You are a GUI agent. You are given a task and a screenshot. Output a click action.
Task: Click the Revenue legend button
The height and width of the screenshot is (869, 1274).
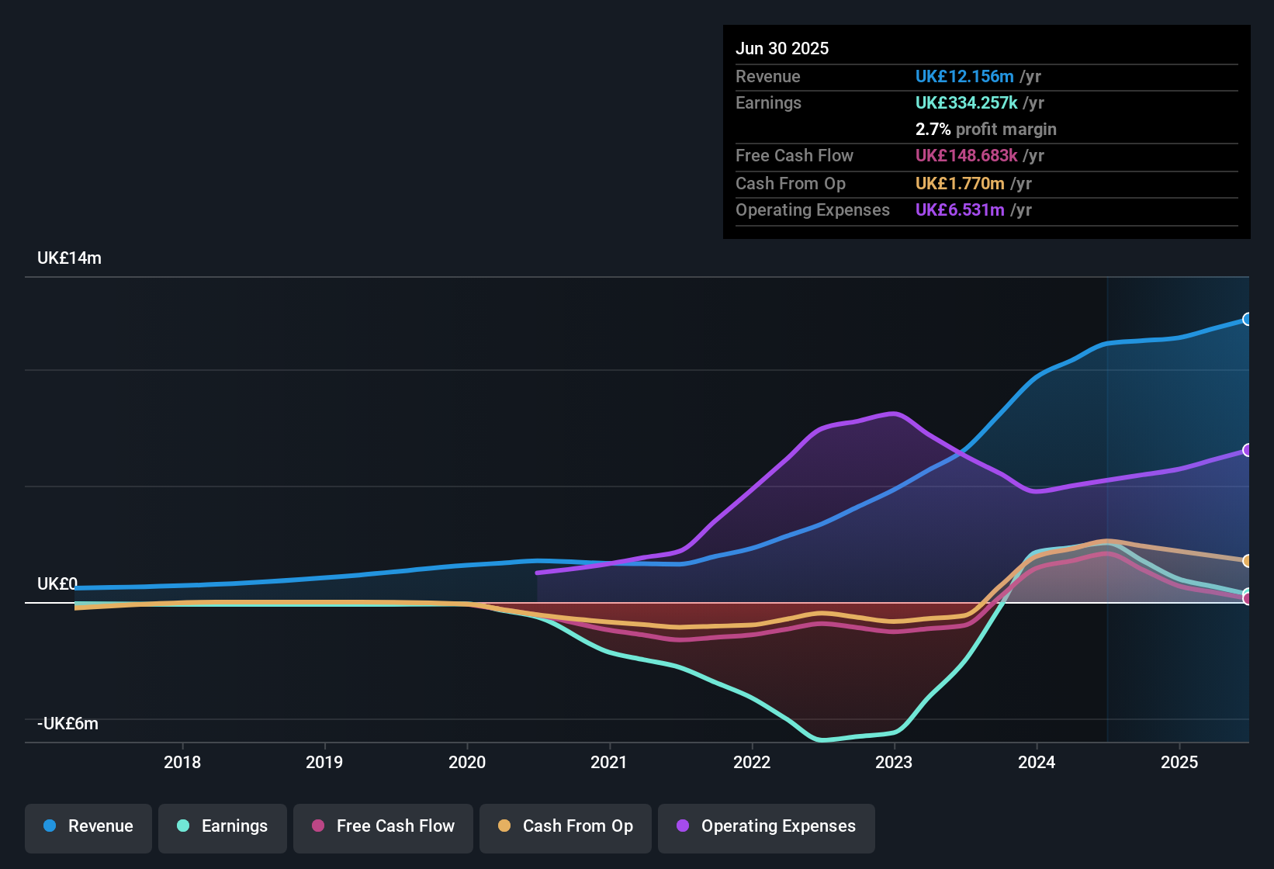(x=88, y=826)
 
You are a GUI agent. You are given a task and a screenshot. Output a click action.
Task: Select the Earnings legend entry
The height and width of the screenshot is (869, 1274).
(x=223, y=826)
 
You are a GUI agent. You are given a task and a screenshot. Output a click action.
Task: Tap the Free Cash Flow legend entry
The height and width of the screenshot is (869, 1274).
(x=383, y=826)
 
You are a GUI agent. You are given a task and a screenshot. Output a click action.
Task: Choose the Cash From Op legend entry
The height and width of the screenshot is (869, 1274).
(x=566, y=826)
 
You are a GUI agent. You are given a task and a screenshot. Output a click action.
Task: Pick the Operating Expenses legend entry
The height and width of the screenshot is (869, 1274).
(x=767, y=826)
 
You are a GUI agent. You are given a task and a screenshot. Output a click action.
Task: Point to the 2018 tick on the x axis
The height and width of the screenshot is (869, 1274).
(x=182, y=762)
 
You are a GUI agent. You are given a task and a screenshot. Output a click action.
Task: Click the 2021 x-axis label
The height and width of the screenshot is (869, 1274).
(x=609, y=762)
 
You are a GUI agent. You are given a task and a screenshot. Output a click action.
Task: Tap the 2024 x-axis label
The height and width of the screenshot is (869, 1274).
(x=1037, y=762)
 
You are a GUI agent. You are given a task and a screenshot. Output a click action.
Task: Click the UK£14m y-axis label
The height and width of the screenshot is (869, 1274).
(x=69, y=258)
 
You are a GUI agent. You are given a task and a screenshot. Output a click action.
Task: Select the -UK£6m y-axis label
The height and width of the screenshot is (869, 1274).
(x=68, y=724)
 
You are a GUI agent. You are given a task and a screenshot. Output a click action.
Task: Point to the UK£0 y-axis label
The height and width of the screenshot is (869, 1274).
(x=57, y=584)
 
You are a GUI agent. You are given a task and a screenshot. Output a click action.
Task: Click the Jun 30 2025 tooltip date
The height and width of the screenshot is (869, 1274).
(x=782, y=48)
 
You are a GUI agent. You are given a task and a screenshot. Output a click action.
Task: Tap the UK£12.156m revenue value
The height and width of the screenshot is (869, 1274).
(x=964, y=76)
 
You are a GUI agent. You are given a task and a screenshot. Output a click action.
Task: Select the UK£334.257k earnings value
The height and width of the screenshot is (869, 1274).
(x=966, y=102)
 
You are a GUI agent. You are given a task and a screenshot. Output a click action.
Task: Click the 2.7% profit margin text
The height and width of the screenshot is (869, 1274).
(x=985, y=129)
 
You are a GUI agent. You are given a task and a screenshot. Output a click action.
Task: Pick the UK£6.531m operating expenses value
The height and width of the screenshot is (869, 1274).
(x=960, y=209)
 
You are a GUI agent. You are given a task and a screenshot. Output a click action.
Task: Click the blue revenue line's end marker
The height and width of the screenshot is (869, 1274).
(x=1247, y=319)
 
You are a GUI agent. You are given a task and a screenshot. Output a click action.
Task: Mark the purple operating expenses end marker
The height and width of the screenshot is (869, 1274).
(x=1247, y=450)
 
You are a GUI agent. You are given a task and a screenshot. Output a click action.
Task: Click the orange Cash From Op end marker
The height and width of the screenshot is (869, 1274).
(x=1247, y=560)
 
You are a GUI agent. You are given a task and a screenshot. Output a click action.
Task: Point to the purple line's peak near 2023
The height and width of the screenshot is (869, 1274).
(x=894, y=413)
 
